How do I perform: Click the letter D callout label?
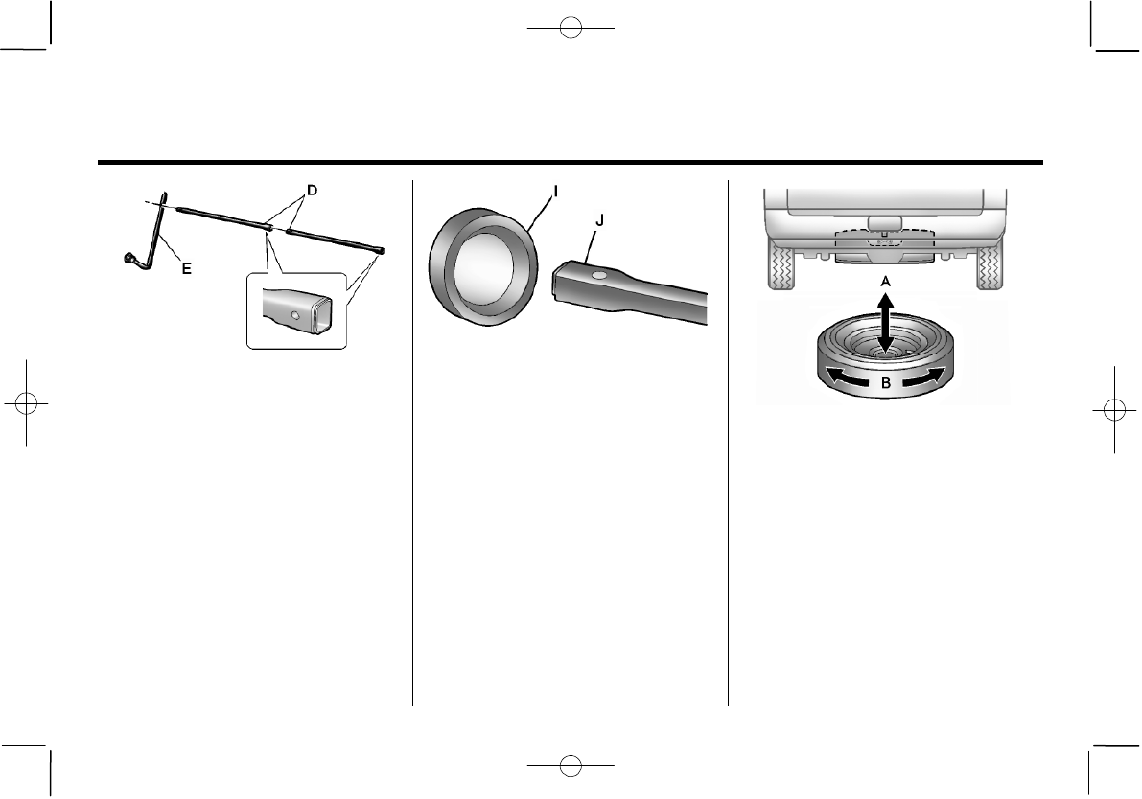(x=310, y=191)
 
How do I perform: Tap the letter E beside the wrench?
(x=186, y=270)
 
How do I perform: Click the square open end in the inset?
(x=321, y=315)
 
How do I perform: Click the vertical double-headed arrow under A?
(x=884, y=324)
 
